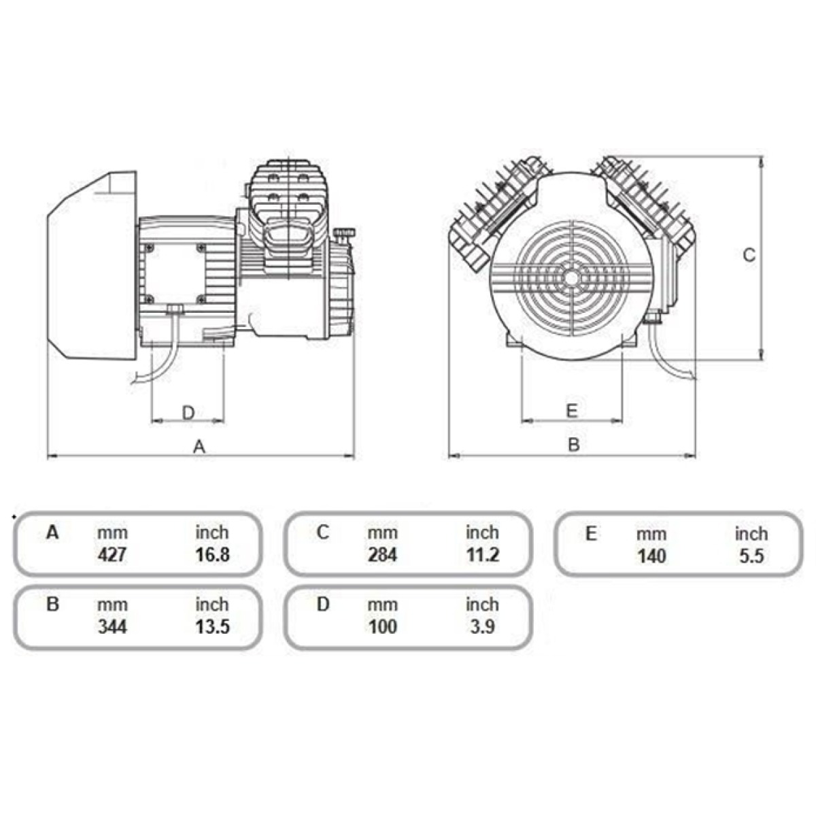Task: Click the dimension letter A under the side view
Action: [199, 446]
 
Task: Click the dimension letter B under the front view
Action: [573, 445]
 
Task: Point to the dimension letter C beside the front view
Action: [749, 255]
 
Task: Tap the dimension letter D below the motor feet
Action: [188, 413]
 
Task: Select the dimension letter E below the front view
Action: [572, 410]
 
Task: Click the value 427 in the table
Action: [112, 555]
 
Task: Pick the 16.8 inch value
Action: [213, 555]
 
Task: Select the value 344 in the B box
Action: [112, 627]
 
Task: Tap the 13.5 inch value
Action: [213, 627]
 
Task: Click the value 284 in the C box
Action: [382, 555]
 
